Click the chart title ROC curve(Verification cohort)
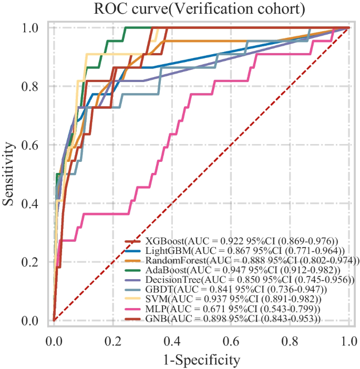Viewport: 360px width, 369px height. [200, 9]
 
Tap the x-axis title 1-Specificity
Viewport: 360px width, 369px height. [201, 360]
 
